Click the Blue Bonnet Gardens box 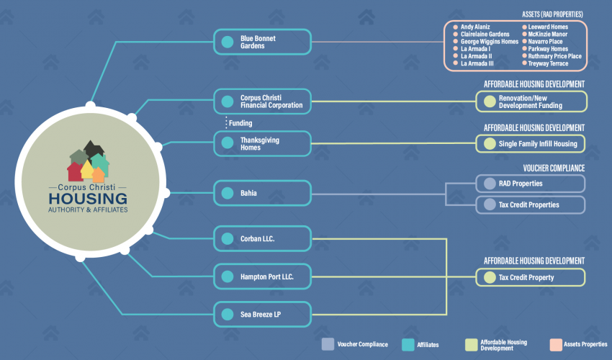click(262, 42)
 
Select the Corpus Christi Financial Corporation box click(262, 102)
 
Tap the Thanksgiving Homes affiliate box click(262, 144)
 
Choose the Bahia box click(262, 193)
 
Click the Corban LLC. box click(262, 238)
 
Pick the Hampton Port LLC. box click(262, 276)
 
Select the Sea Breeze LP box click(262, 315)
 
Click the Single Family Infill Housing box click(531, 144)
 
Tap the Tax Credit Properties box click(531, 204)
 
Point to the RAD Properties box click(531, 184)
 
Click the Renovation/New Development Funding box click(531, 102)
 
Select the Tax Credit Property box click(531, 277)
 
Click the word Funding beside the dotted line click(240, 123)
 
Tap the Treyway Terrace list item click(546, 63)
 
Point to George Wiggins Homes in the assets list click(486, 41)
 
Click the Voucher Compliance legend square click(328, 344)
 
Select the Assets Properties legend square click(556, 345)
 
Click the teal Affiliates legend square click(408, 345)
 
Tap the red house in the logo click(75, 172)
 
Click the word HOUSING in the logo click(88, 199)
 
